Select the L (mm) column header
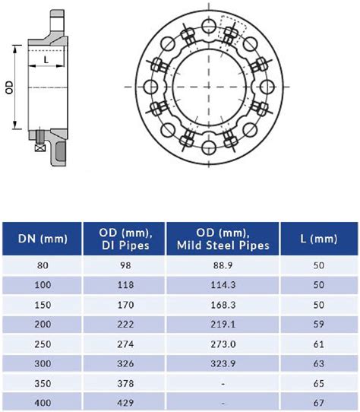pyautogui.click(x=318, y=239)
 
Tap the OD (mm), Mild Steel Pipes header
pyautogui.click(x=223, y=239)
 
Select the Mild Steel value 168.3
pyautogui.click(x=223, y=305)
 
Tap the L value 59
pyautogui.click(x=318, y=324)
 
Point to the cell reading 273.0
pyautogui.click(x=223, y=343)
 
